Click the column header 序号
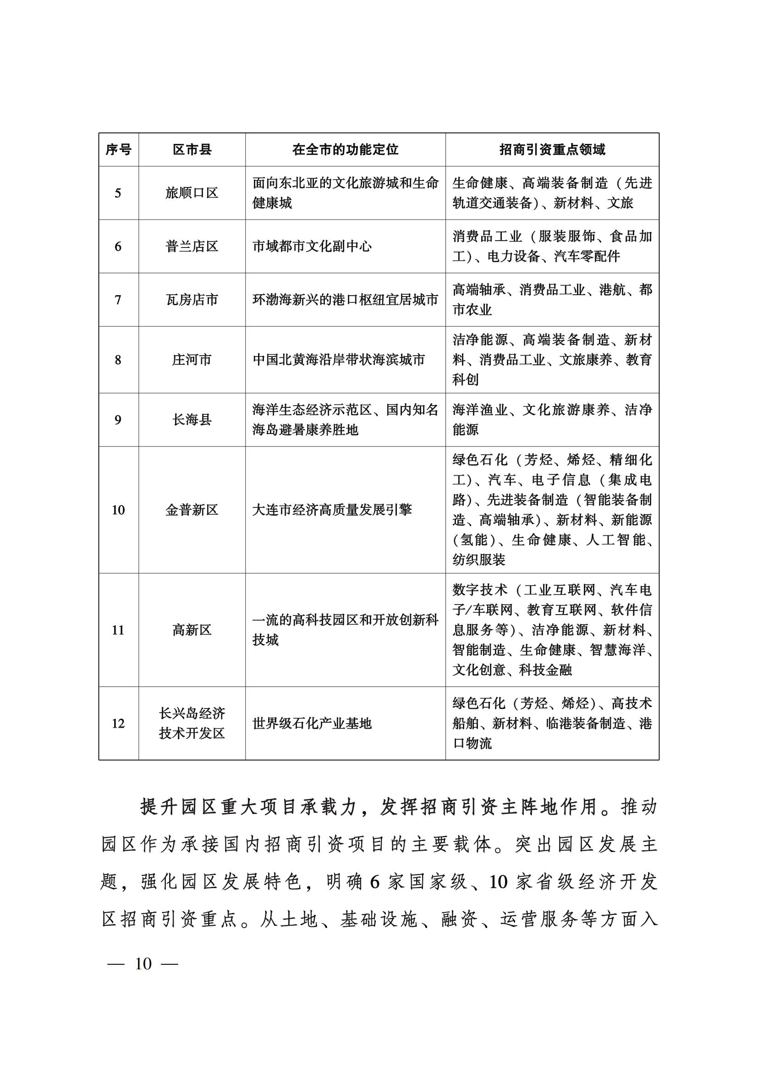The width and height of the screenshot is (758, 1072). coord(118,149)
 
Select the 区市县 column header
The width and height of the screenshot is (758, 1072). coord(192,149)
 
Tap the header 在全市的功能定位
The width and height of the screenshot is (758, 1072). coord(346,149)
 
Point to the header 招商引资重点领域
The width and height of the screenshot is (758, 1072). coord(552,149)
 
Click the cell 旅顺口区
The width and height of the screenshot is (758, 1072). coord(192,193)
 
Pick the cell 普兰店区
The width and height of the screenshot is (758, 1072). coord(192,246)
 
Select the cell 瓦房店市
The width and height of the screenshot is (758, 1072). coord(192,299)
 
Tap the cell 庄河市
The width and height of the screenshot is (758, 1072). coord(192,359)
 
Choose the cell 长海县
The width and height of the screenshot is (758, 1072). coord(192,419)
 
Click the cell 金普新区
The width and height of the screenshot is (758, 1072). coord(192,509)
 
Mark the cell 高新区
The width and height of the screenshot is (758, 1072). coord(192,630)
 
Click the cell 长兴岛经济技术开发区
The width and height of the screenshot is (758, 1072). coord(192,723)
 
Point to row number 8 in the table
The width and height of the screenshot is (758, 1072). coord(118,359)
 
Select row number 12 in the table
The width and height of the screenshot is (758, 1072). coord(118,723)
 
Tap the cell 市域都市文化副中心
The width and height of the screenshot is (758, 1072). coord(312,246)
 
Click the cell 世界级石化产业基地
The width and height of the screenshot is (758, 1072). coord(312,723)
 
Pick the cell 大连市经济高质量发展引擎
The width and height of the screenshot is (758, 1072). coord(332,509)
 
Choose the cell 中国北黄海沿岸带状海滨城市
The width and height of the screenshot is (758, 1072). coord(338,359)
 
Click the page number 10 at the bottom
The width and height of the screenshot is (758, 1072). coord(143,963)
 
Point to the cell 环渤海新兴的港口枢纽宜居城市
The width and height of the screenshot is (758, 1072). coord(345,299)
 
